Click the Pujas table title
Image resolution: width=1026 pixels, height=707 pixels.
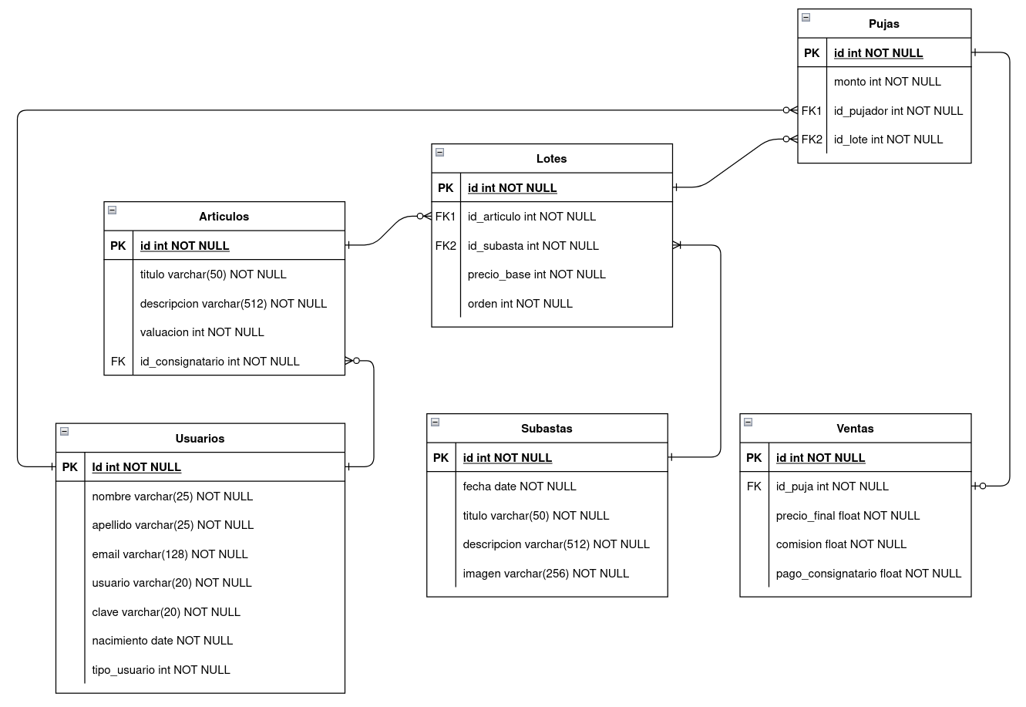[883, 24]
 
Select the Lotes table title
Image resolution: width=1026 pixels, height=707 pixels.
[551, 159]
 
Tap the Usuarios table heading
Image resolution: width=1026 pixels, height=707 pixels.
[200, 439]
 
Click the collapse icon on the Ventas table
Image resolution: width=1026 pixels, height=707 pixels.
[748, 422]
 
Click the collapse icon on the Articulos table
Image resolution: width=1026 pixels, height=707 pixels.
[112, 210]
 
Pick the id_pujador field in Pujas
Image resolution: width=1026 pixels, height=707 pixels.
[898, 111]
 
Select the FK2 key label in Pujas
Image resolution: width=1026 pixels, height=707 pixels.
[812, 140]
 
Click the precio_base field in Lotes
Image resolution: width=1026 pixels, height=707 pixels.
[537, 274]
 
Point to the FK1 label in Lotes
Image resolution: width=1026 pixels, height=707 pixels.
[446, 217]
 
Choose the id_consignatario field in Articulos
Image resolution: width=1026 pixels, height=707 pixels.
[220, 362]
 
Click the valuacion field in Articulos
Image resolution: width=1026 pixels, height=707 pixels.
[202, 332]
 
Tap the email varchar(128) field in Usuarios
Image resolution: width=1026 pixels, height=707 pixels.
[170, 554]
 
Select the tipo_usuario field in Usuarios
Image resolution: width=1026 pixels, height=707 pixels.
[161, 670]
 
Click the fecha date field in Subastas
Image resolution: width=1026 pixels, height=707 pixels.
[520, 486]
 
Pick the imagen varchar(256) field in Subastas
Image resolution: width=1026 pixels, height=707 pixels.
[546, 574]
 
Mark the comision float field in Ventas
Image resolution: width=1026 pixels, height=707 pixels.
[841, 544]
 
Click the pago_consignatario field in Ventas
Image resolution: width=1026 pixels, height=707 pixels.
[869, 574]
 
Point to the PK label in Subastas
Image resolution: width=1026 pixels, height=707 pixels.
[441, 458]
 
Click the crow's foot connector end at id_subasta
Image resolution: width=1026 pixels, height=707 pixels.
[678, 246]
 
